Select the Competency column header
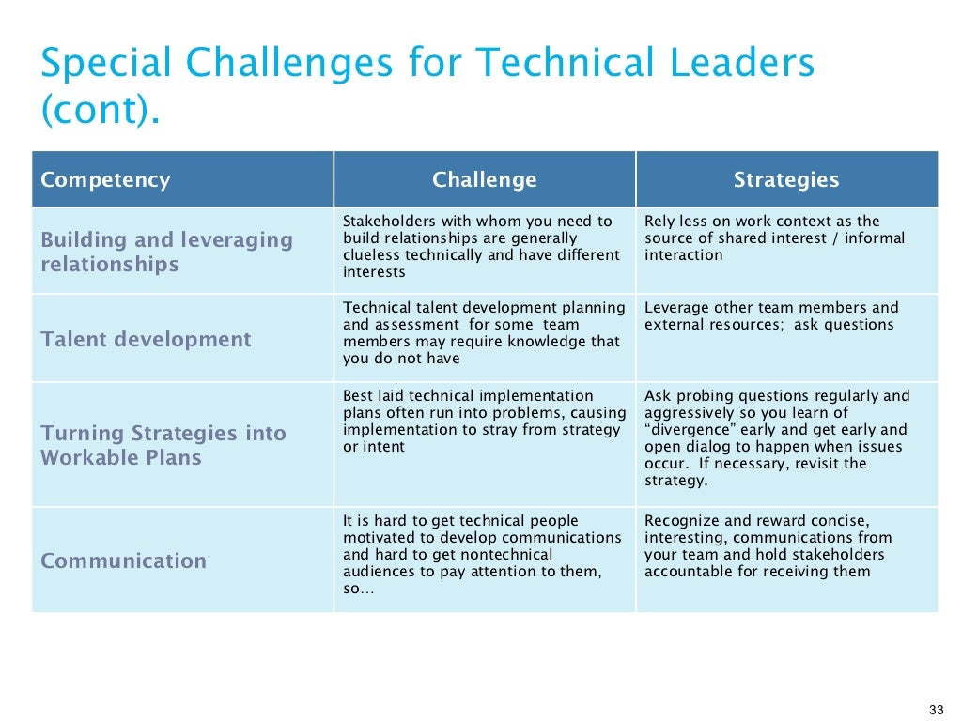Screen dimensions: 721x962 coord(105,180)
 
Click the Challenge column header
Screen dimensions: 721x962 coord(484,180)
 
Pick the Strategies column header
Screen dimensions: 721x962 coord(786,180)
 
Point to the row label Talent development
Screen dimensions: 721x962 coord(146,340)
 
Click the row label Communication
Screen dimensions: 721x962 coord(123,561)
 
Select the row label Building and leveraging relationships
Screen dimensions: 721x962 coord(166,252)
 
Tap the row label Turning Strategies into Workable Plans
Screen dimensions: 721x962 coord(163,445)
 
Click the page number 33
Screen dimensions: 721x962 coord(935,709)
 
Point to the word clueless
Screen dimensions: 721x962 coord(371,255)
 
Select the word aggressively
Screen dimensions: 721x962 coord(688,413)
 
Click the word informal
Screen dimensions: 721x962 coord(877,238)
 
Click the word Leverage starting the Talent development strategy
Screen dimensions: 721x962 coord(676,308)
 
